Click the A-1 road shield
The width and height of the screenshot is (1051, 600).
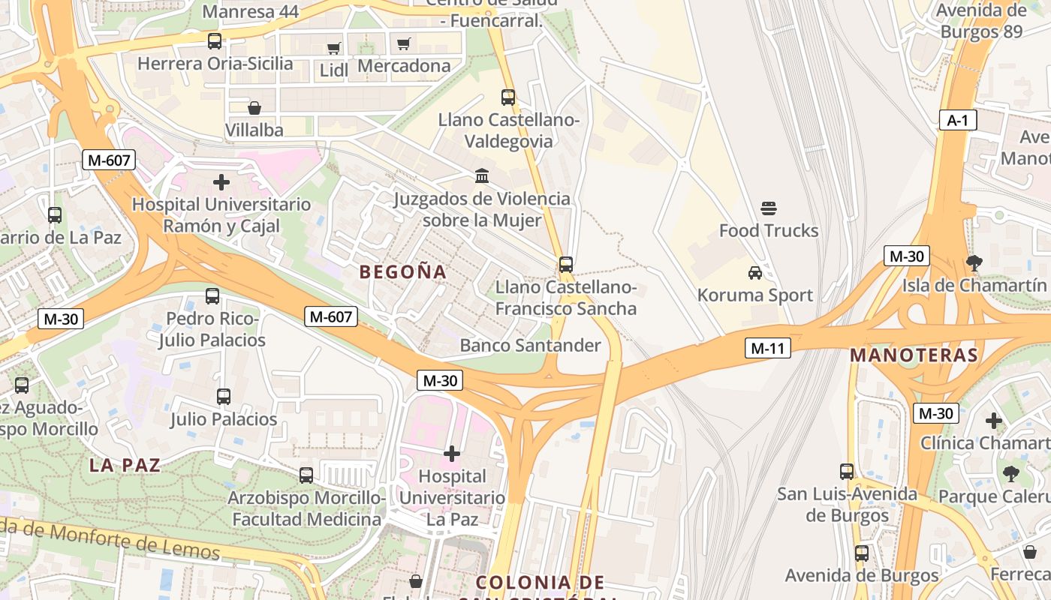[x=957, y=120]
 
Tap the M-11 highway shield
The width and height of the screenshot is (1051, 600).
[x=768, y=348]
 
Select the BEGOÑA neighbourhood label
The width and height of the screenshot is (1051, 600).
[x=403, y=272]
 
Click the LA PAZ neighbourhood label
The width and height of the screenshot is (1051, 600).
[x=125, y=465]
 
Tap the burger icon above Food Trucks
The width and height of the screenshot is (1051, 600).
[x=769, y=208]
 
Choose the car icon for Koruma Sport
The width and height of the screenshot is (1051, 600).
[x=755, y=273]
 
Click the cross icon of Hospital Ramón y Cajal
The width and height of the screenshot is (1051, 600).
[x=221, y=182]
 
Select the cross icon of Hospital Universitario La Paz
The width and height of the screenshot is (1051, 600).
[x=452, y=454]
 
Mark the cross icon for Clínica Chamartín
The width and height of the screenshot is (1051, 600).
[x=994, y=421]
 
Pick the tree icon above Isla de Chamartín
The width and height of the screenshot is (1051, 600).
[x=974, y=263]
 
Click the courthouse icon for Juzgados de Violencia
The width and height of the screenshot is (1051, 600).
[x=482, y=176]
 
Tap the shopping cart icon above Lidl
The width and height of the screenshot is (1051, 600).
[x=333, y=49]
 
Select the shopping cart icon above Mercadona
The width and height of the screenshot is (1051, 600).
[x=404, y=43]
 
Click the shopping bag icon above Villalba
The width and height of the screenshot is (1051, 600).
[x=254, y=108]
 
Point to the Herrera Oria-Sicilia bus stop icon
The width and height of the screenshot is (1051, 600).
[x=215, y=41]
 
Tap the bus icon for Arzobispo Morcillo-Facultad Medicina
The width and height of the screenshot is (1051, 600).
[x=306, y=475]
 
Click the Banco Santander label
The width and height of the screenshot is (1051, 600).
[x=530, y=346]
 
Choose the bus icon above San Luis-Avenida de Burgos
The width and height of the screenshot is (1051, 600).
[x=847, y=472]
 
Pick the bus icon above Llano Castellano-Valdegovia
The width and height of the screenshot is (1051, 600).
[x=508, y=97]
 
